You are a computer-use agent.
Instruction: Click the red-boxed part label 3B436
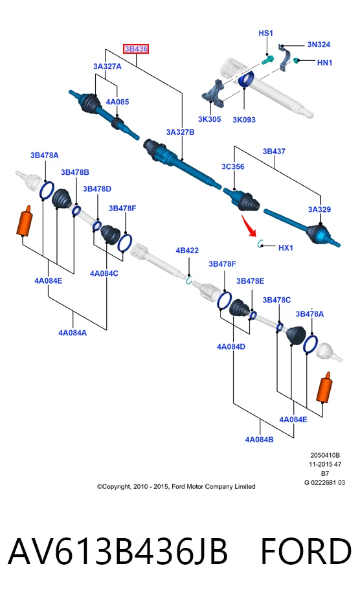136,49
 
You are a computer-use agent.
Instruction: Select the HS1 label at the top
265,33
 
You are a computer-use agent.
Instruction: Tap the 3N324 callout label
319,44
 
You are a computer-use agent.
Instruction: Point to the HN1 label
324,62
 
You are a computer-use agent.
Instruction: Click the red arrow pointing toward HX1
249,225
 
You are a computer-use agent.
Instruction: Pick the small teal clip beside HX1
261,243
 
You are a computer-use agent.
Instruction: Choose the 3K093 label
244,120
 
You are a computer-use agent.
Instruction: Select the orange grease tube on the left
25,221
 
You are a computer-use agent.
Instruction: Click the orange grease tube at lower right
324,387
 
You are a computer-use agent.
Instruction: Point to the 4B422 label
187,250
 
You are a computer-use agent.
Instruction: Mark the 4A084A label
73,333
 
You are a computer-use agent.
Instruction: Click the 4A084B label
259,439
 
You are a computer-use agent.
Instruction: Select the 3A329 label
319,209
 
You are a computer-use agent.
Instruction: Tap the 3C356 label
232,166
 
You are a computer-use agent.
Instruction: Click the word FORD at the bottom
306,551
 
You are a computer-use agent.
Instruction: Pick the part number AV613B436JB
118,551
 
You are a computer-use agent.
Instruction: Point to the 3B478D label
97,188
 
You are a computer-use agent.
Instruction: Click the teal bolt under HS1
268,60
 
